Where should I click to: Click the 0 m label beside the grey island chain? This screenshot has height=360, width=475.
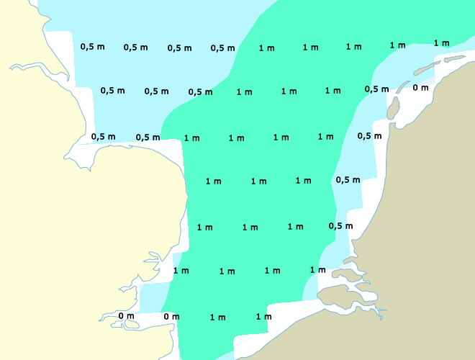(420, 88)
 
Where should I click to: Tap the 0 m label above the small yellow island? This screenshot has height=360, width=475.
(126, 316)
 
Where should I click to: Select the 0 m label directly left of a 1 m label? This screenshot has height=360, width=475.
(171, 316)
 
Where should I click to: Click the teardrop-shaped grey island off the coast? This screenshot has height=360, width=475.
(393, 109)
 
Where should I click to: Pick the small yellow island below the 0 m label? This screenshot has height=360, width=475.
(131, 325)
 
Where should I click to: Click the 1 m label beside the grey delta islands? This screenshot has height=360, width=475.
(317, 270)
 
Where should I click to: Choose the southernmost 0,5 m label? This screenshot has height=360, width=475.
(340, 226)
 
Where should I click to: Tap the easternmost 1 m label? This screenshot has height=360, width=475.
(441, 43)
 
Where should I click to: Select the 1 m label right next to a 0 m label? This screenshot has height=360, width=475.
(217, 317)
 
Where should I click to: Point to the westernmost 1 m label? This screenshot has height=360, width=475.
(181, 271)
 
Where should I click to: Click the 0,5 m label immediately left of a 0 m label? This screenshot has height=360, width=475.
(376, 89)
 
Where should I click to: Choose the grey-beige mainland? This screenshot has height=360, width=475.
(425, 216)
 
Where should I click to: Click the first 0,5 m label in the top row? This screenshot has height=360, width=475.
(92, 47)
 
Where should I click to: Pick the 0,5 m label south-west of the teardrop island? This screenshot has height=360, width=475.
(369, 135)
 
